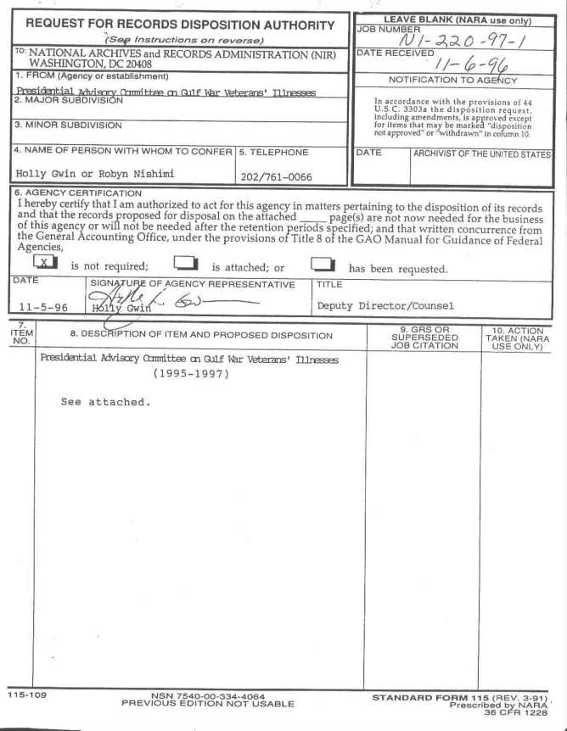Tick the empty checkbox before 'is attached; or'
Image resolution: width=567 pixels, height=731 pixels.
coord(182,264)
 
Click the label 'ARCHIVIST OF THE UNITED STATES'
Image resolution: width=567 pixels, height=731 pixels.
coord(481,153)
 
